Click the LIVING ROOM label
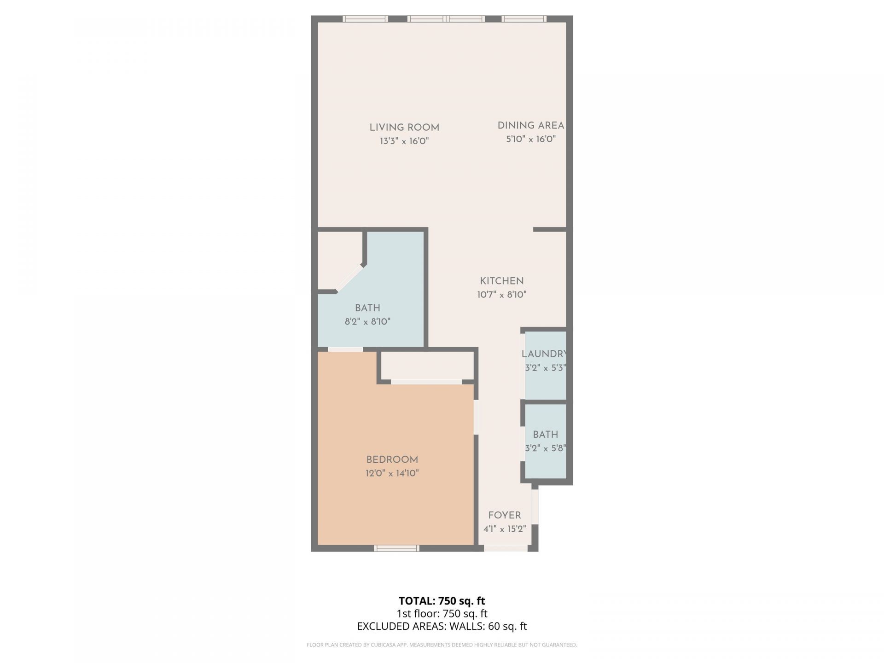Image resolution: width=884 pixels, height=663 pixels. pos(404,128)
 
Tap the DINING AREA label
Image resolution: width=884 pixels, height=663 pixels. pos(530,125)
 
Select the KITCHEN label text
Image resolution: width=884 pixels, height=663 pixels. pos(501,281)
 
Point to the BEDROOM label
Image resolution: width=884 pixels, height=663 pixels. pos(392,459)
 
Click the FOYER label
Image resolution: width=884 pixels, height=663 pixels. pos(504,515)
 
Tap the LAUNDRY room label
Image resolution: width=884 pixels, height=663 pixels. pos(544,354)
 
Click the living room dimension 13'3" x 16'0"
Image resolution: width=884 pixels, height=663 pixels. pos(404,141)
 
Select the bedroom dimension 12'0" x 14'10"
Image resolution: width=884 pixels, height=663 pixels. pos(392,473)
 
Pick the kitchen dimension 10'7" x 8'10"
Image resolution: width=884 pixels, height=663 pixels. pos(501,295)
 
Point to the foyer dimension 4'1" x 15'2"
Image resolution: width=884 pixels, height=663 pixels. pos(504,529)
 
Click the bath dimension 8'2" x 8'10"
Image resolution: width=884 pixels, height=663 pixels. pos(367,321)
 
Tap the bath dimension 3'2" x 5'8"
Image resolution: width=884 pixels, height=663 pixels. pos(545,448)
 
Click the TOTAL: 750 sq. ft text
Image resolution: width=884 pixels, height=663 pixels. pos(442,601)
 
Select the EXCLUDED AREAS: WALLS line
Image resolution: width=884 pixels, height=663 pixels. pos(442,626)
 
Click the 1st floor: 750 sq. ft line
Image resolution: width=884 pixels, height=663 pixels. pos(442,614)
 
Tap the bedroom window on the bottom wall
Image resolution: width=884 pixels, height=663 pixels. pos(396,548)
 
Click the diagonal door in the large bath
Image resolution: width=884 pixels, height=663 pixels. pos(349,278)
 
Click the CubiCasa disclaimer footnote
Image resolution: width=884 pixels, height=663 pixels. pos(442,645)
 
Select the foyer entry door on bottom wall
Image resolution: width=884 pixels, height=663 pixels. pos(506,548)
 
